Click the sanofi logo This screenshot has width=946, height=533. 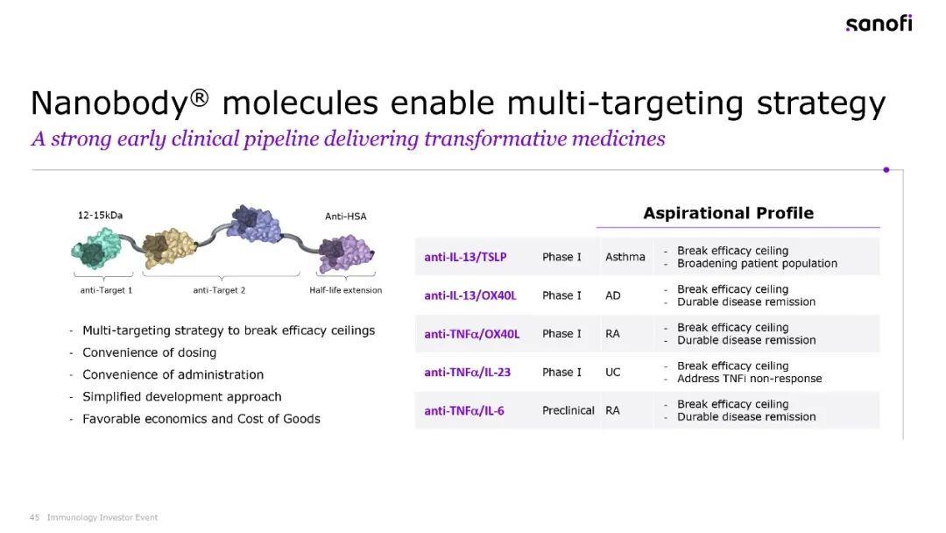[879, 24]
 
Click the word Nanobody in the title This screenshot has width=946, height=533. [110, 103]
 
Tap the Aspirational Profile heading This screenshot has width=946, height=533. [728, 213]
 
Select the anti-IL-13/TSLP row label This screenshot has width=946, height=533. [465, 257]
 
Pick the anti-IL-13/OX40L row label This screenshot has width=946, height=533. [470, 295]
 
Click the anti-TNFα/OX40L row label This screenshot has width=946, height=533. [472, 334]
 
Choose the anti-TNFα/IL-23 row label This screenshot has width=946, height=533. [467, 373]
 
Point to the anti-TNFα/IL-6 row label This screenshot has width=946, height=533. [464, 411]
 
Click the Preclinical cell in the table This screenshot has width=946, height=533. [568, 410]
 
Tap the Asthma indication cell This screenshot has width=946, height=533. [625, 257]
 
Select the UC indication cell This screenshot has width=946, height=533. [612, 373]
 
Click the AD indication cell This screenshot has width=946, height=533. [612, 295]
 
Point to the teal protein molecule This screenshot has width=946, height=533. [95, 248]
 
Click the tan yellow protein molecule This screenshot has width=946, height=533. [170, 248]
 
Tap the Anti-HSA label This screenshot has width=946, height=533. [346, 217]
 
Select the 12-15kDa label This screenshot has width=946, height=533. [100, 215]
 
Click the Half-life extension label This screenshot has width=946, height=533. [346, 290]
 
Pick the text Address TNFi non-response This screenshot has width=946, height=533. [749, 379]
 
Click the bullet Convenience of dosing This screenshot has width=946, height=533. [149, 352]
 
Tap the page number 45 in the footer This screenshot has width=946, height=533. [34, 517]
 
